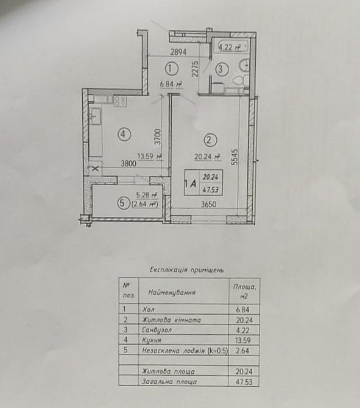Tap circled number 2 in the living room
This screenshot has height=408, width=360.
[208, 141]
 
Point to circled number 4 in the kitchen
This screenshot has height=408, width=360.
[124, 135]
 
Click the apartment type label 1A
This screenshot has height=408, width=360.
[191, 181]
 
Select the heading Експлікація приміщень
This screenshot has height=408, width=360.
[188, 268]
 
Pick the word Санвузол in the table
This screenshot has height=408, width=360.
[156, 329]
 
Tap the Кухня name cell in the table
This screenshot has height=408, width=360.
[152, 340]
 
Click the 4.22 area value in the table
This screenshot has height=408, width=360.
[241, 329]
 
